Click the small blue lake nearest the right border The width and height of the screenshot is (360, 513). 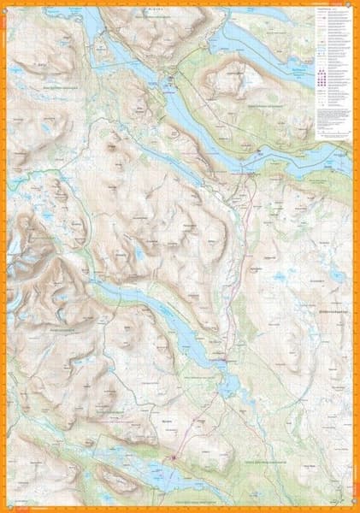pyautogui.click(x=338, y=275)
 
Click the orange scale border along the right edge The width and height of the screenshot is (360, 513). pyautogui.click(x=354, y=256)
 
